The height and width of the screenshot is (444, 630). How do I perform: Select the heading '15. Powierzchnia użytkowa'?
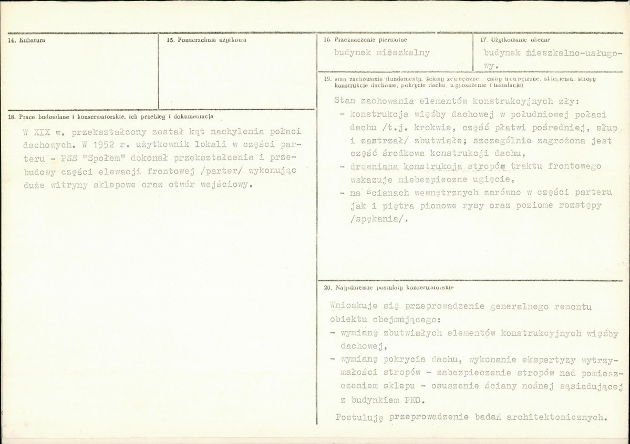[x=206, y=40]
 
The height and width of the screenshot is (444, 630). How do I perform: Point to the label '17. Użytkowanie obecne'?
[x=515, y=40]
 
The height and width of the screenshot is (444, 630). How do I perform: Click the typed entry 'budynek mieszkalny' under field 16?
[x=382, y=52]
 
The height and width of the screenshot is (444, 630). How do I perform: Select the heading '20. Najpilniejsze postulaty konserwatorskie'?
[x=389, y=288]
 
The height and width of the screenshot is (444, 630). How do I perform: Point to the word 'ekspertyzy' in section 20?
[x=549, y=360]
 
